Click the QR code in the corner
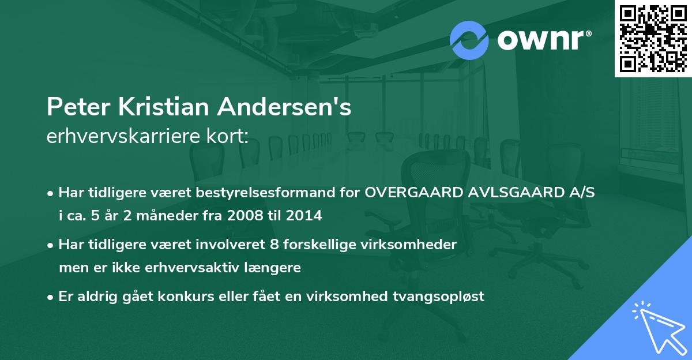(x=653, y=38)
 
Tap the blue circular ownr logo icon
(x=469, y=40)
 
